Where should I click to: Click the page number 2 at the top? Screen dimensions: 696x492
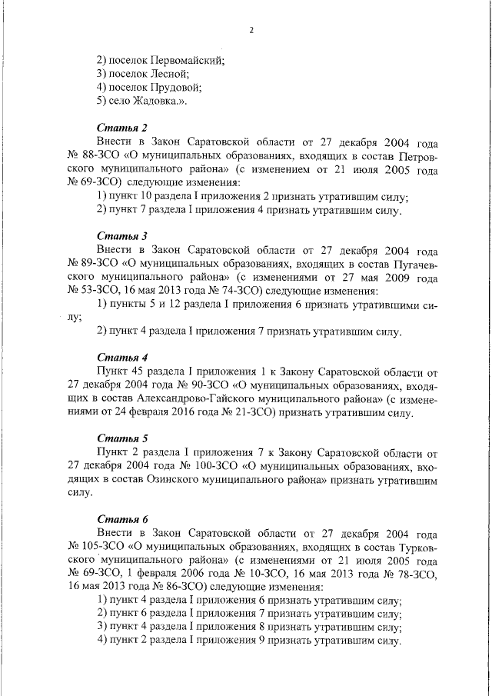point(251,30)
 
